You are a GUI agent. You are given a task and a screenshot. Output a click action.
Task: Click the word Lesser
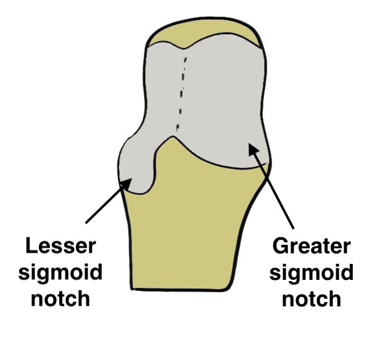tap(61, 246)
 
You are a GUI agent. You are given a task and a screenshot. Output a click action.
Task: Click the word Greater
tap(312, 246)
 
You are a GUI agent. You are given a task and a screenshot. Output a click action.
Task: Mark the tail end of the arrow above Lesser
tap(86, 222)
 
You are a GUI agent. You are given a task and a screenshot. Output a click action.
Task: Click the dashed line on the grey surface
tap(181, 92)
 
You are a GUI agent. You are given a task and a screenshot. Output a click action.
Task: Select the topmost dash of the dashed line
tap(184, 59)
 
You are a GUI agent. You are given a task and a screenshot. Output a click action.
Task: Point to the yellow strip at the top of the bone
tap(204, 32)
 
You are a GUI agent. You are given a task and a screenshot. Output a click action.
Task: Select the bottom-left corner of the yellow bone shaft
tap(133, 286)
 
